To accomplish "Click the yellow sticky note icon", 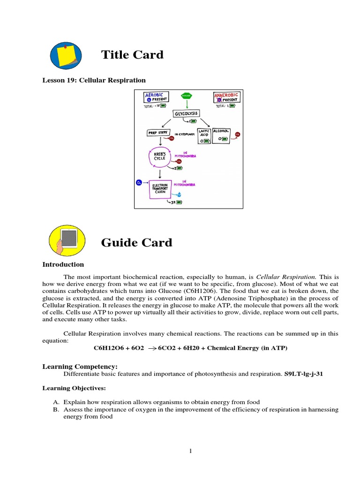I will click(x=66, y=56).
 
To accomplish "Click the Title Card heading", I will click(x=132, y=55).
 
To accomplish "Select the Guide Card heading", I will click(x=136, y=242).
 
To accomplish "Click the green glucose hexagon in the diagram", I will click(x=187, y=96).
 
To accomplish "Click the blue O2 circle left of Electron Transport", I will click(x=139, y=182).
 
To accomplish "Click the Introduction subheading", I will click(x=63, y=264).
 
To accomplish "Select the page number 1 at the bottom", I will click(x=191, y=451).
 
